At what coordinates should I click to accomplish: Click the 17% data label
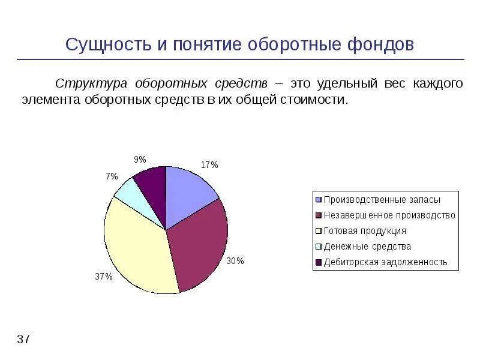(209, 164)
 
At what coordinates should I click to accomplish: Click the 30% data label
(235, 261)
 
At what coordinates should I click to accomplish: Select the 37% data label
(104, 277)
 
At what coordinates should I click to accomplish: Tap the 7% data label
(112, 176)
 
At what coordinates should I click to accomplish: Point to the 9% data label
(140, 160)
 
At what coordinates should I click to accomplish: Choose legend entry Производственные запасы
(382, 200)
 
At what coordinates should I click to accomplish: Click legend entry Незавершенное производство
(389, 215)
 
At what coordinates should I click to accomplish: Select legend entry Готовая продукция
(364, 231)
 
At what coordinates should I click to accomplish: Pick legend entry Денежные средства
(367, 247)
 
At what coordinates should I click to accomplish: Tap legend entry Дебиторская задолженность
(385, 262)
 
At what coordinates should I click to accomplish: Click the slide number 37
(23, 340)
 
